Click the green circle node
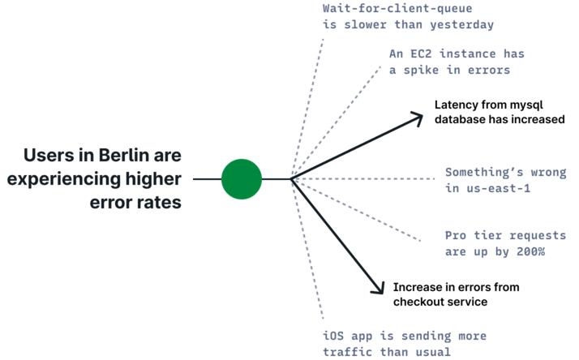tap(242, 179)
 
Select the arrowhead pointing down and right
tap(377, 287)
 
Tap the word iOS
tap(333, 336)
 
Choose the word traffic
tap(346, 351)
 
